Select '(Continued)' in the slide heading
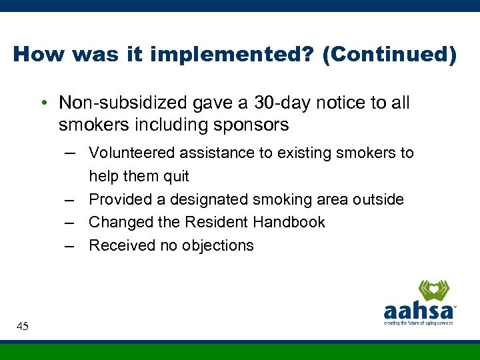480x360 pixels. point(389,55)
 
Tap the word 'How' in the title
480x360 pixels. point(36,55)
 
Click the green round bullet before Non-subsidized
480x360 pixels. point(42,103)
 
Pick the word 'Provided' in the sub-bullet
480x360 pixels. point(119,199)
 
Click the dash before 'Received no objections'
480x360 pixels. point(70,245)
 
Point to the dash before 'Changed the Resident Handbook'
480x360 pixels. point(70,223)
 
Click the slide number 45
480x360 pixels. point(22,326)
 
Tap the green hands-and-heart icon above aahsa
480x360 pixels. point(433,291)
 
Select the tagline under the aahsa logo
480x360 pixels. point(418,323)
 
